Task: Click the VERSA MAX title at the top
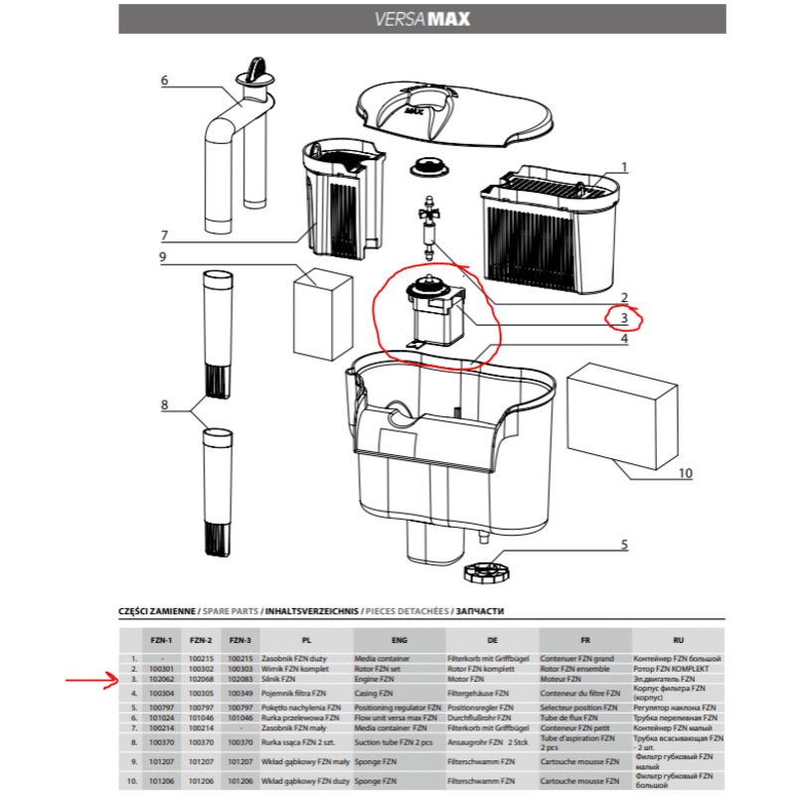point(422,19)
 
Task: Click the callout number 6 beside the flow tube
point(165,80)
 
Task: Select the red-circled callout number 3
point(624,319)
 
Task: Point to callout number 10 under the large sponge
point(685,474)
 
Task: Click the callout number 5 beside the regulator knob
point(624,544)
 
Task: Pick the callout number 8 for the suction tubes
point(165,404)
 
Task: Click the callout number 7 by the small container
point(165,235)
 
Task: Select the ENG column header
point(399,641)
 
